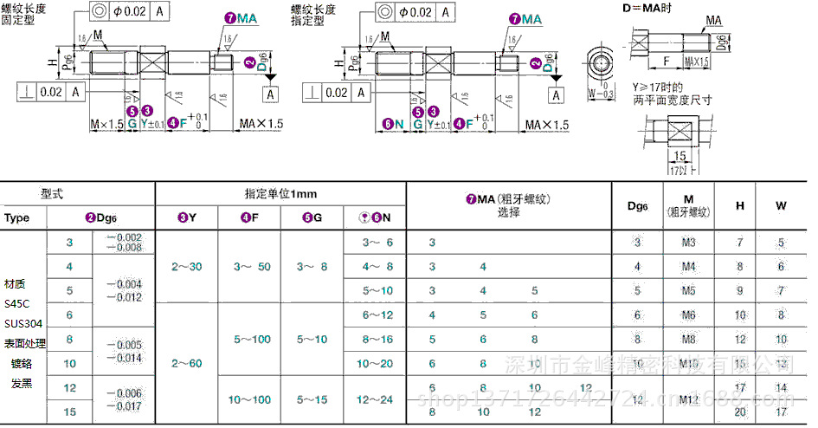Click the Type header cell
(x=17, y=217)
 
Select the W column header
(x=781, y=205)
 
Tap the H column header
(x=739, y=205)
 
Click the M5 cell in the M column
(x=689, y=291)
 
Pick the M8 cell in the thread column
(x=689, y=340)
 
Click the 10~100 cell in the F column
(x=249, y=399)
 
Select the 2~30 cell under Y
(x=186, y=266)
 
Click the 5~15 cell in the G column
(x=312, y=399)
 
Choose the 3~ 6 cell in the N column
(x=377, y=243)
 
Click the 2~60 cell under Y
(x=186, y=363)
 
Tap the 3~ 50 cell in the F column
(x=249, y=266)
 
